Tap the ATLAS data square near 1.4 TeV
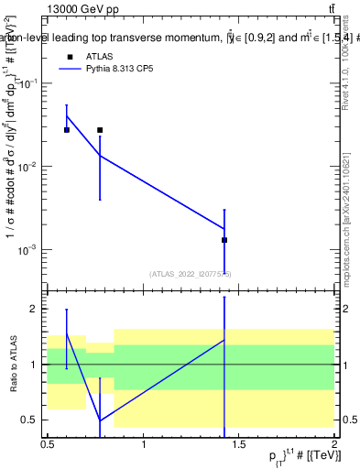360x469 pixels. tap(224, 240)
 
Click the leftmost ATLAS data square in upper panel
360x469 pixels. tap(66, 130)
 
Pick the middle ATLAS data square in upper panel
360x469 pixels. tap(100, 130)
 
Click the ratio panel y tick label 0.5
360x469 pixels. tap(30, 420)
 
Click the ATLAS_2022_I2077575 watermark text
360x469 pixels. tap(190, 274)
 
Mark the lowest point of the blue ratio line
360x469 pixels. tap(100, 420)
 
